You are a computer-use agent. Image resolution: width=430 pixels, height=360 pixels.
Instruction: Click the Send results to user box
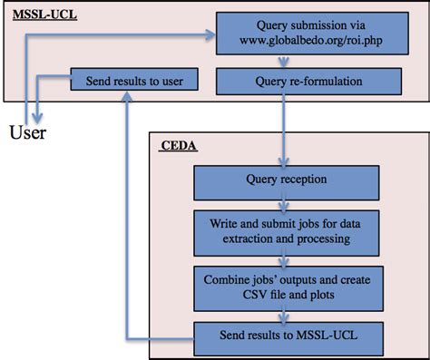134,81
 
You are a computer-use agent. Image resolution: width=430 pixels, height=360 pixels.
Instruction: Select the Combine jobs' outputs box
286,281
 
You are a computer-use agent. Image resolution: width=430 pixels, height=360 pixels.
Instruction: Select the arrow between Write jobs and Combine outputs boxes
286,256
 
